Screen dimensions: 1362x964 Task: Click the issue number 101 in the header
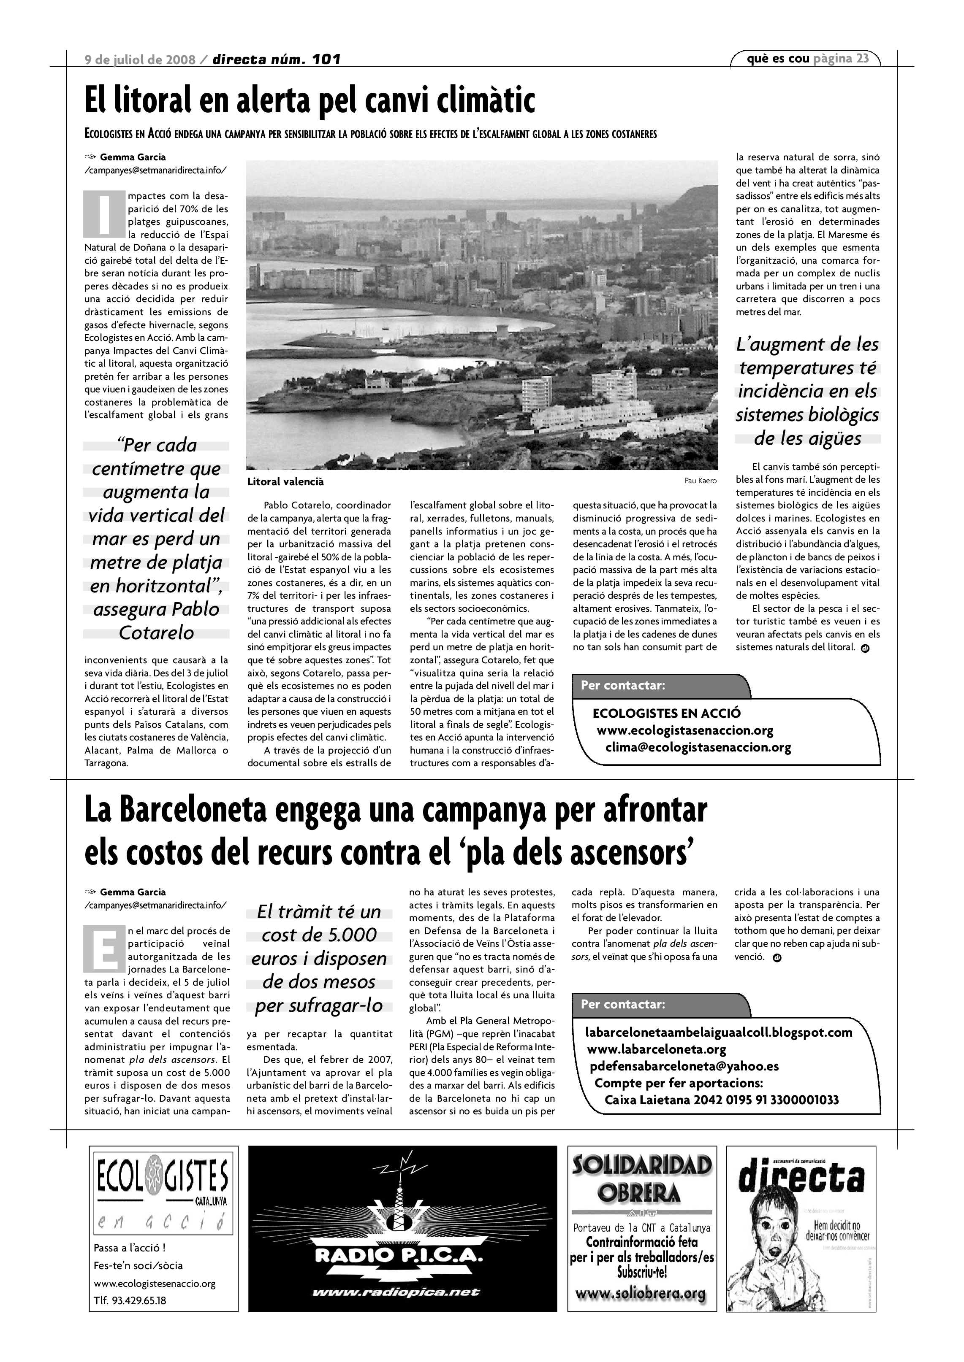point(325,59)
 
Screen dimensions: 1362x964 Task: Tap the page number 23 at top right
point(863,58)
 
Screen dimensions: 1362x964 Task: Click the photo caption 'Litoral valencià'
point(285,482)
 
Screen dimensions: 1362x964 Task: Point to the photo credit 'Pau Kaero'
point(701,481)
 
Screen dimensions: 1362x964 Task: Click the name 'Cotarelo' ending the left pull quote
point(156,632)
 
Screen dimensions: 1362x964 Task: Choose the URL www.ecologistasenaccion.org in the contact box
point(685,730)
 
